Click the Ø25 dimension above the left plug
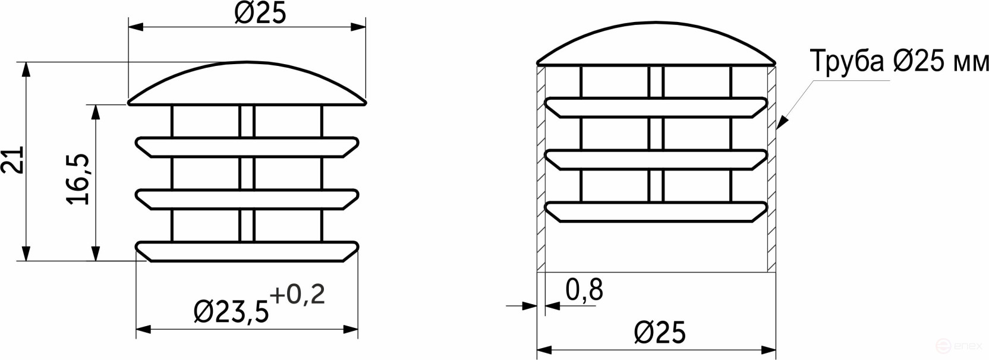tap(260, 13)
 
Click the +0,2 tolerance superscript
tap(297, 295)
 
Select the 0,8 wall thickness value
tap(584, 290)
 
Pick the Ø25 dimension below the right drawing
tap(659, 332)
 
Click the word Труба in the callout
tap(847, 61)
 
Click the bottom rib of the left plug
tap(247, 251)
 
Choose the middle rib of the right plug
tap(656, 160)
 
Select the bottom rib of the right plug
tap(656, 212)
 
